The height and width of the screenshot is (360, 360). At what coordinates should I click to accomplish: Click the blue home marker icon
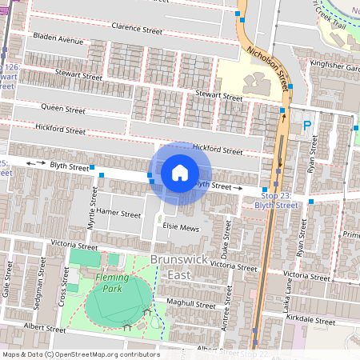(180, 173)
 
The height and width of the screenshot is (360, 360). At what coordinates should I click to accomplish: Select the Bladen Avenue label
(58, 39)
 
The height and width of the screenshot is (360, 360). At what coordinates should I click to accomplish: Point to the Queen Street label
(62, 110)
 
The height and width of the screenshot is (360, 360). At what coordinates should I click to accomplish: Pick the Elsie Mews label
(180, 226)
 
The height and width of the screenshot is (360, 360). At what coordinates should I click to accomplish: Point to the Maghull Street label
(192, 304)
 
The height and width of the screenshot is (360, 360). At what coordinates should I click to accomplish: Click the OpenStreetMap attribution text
(81, 354)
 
